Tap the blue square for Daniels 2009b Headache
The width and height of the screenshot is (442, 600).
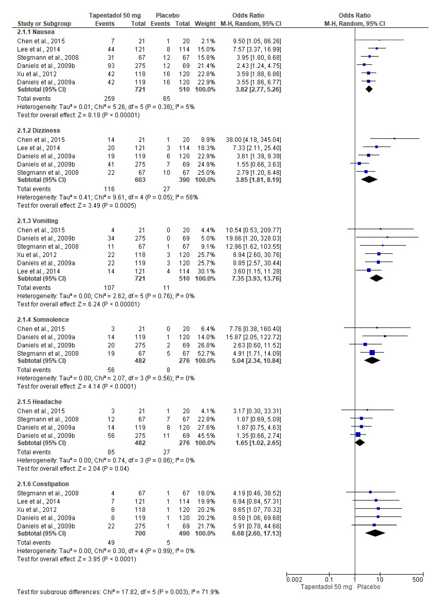click(x=358, y=435)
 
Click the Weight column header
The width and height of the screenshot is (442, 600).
click(x=205, y=24)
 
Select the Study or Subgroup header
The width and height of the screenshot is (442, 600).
click(x=44, y=24)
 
